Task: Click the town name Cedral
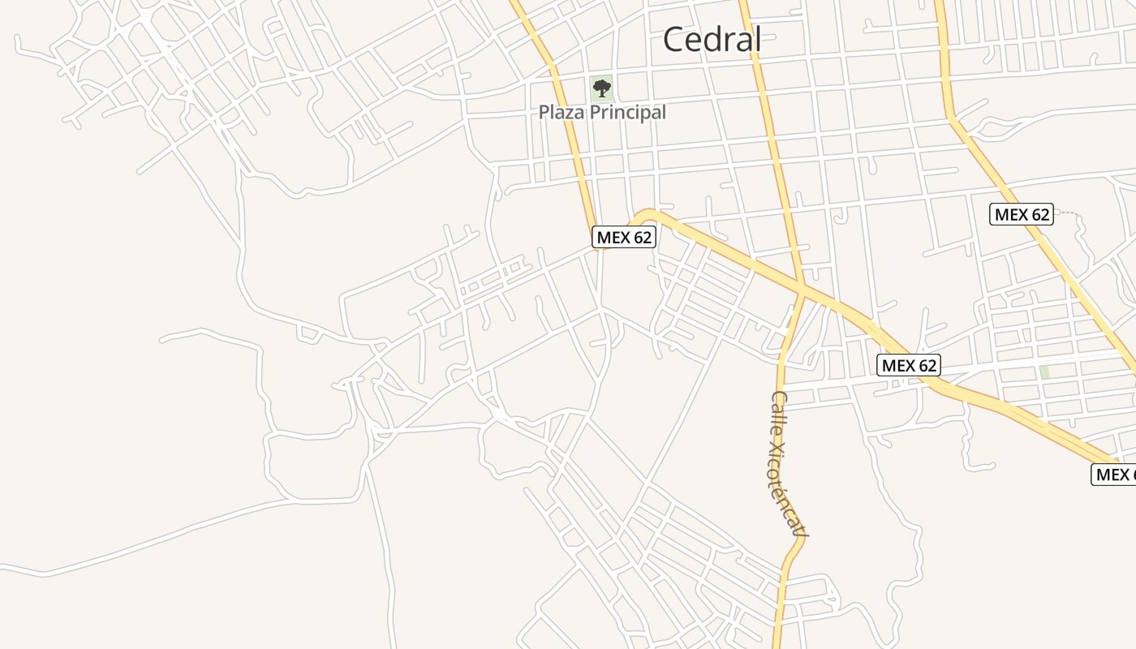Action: click(712, 39)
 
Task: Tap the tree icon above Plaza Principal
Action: click(601, 88)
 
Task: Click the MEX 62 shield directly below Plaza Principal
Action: click(623, 237)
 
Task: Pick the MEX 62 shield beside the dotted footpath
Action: click(1022, 214)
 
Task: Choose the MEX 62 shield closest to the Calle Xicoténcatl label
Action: click(909, 365)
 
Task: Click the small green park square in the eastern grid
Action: click(1044, 372)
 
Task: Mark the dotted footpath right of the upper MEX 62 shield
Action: click(1069, 213)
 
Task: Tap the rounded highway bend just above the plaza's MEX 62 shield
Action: click(645, 214)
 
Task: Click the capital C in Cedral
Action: click(674, 39)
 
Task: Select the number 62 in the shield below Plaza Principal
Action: click(641, 237)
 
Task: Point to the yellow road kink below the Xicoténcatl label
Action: click(794, 556)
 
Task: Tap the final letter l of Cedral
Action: click(757, 39)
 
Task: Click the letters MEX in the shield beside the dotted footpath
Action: click(1011, 214)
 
